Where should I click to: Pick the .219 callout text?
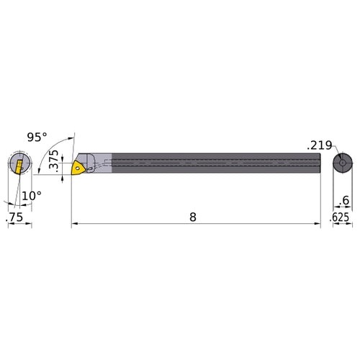click(320, 145)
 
